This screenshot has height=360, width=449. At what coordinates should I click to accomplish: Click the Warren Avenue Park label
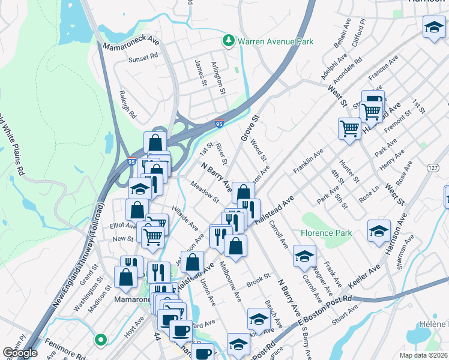click(276, 42)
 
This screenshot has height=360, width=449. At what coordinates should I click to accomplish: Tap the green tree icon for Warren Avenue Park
click(228, 41)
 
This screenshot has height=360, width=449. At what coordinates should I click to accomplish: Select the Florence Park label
click(327, 232)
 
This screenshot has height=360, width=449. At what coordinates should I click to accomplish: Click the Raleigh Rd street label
click(128, 104)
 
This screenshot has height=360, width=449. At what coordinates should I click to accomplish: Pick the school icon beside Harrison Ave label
click(379, 231)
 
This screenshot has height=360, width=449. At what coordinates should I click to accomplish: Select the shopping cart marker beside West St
click(349, 128)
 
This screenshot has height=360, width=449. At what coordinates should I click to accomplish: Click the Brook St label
click(258, 280)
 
